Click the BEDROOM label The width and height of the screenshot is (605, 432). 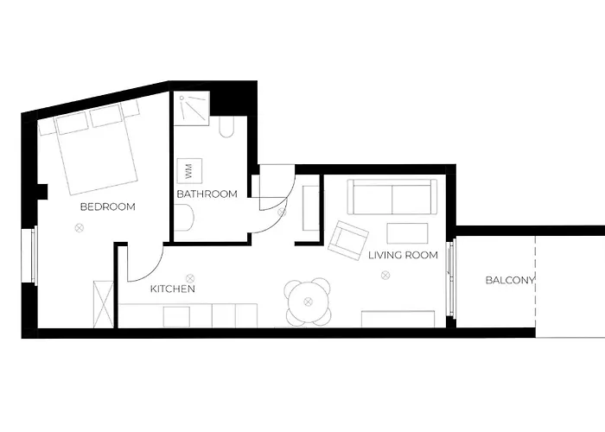click(108, 206)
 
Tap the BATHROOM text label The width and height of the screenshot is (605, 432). click(207, 194)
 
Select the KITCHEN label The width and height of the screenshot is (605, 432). click(173, 289)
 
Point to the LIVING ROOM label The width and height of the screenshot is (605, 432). click(404, 256)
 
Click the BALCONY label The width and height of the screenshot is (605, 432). click(510, 281)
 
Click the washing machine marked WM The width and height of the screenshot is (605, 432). click(189, 170)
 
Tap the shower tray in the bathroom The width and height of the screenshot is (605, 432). click(191, 109)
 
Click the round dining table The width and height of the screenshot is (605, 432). click(308, 302)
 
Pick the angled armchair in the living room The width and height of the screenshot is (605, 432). click(348, 241)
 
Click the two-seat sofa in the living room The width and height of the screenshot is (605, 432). click(392, 197)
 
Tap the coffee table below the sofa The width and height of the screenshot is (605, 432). click(407, 233)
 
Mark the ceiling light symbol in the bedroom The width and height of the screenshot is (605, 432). click(80, 228)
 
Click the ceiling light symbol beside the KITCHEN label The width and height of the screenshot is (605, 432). click(190, 278)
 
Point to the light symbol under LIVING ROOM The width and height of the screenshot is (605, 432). click(385, 275)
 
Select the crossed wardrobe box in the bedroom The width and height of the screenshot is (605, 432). click(104, 305)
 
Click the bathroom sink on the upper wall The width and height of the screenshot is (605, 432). click(226, 126)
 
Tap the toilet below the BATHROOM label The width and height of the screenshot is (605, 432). click(185, 218)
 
